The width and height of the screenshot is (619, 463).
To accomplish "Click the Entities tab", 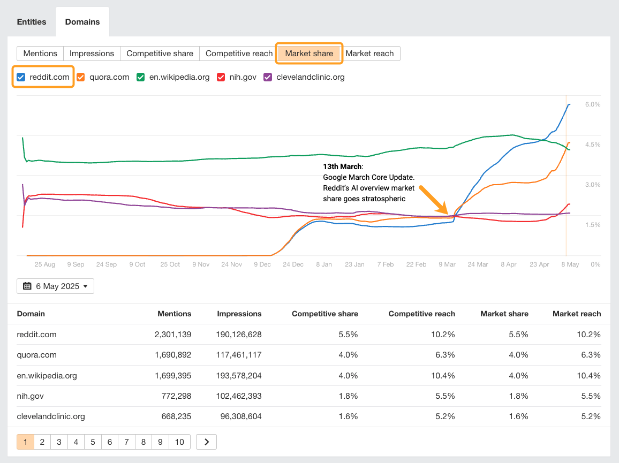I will (32, 22).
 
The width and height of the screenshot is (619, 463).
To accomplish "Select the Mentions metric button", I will (40, 54).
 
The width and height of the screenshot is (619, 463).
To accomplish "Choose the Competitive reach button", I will (239, 54).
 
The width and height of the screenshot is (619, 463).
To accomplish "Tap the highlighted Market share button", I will (309, 54).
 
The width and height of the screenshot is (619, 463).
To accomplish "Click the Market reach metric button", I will (369, 54).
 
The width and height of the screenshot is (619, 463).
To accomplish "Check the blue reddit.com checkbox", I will (21, 77).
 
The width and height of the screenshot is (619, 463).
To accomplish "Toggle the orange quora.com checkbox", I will (81, 77).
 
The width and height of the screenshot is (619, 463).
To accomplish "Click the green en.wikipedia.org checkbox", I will (141, 77).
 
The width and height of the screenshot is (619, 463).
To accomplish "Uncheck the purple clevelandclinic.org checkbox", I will (268, 77).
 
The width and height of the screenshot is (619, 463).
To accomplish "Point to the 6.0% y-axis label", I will (592, 104).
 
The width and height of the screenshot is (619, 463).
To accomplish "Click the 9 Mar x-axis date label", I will (447, 264).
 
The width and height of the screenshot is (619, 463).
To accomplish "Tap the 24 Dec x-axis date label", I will (293, 264).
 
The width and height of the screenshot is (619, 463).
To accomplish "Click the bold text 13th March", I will (342, 166).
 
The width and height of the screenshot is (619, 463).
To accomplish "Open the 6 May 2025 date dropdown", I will (55, 286).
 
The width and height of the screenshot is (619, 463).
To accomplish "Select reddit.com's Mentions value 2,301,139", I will (169, 335).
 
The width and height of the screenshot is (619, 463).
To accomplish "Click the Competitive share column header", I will (324, 314).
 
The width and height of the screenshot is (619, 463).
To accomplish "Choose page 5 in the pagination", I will (93, 442).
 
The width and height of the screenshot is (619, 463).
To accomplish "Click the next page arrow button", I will (206, 442).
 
